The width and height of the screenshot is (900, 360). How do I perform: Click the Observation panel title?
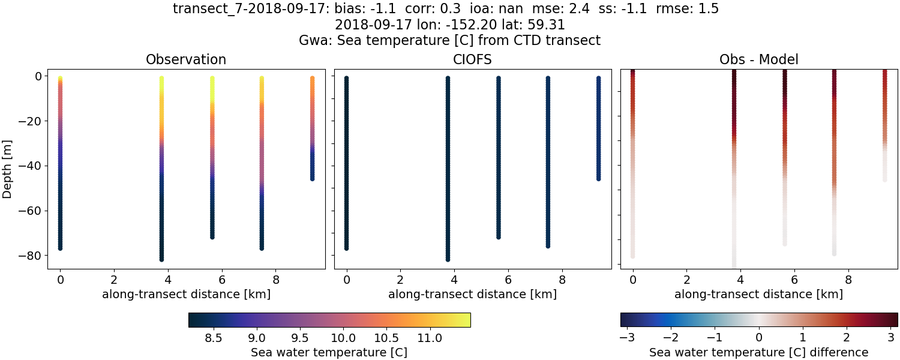point(186,59)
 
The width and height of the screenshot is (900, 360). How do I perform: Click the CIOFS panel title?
point(472,59)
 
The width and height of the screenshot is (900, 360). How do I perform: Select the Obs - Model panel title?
point(758,59)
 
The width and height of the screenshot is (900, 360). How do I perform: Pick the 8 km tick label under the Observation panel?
point(276,280)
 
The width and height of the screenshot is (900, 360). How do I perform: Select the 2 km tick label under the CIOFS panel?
point(400,280)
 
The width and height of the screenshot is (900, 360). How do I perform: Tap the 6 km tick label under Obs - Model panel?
point(794,280)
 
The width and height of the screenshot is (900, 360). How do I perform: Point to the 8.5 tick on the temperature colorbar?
point(214,338)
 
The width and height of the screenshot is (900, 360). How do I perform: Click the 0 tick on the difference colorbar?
point(759,338)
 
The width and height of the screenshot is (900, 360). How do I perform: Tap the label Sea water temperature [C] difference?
point(758,352)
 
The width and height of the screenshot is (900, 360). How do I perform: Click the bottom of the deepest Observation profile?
point(161,259)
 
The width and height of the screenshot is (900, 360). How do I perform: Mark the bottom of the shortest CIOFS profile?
point(598,178)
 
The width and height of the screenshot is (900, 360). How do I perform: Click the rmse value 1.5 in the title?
point(707,9)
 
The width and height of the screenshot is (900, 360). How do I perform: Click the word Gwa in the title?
point(313,41)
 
